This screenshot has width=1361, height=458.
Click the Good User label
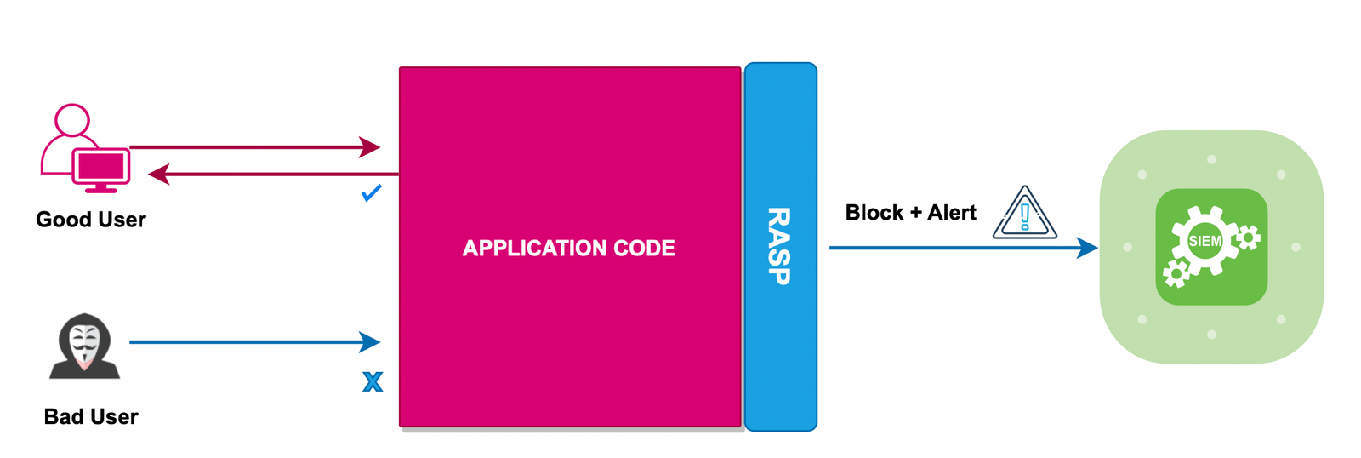click(90, 220)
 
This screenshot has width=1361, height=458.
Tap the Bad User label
click(90, 417)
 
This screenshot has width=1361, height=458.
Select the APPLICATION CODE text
click(568, 249)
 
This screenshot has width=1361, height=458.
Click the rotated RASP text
click(779, 246)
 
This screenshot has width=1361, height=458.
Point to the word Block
click(874, 213)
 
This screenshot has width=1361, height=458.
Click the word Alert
click(952, 213)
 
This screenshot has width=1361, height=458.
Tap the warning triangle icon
click(1025, 215)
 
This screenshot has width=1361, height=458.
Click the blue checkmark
click(372, 193)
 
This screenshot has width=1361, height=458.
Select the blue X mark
click(373, 381)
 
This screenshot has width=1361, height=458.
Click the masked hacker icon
click(84, 346)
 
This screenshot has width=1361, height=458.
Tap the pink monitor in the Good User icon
click(101, 168)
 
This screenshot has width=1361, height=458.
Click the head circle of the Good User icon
click(72, 120)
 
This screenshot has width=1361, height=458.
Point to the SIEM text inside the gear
click(1204, 242)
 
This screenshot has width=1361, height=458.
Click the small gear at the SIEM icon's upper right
click(1248, 238)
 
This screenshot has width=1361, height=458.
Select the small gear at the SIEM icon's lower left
click(1176, 273)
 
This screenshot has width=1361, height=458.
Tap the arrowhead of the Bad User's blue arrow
click(369, 342)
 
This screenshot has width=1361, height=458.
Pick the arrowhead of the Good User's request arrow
click(369, 147)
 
